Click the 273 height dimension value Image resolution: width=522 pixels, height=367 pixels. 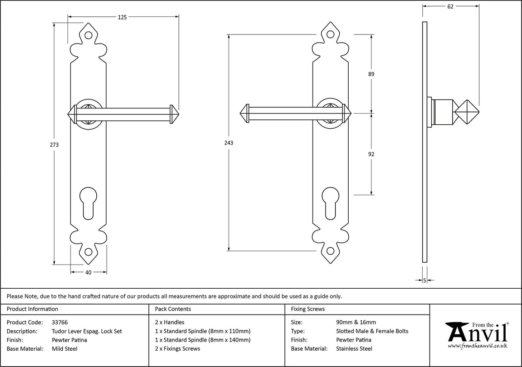click(54, 145)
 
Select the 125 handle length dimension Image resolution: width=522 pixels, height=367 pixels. click(122, 17)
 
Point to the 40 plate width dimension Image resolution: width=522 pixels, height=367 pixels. click(88, 272)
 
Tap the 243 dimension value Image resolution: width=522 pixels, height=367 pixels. click(229, 143)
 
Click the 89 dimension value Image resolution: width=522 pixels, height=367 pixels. click(371, 74)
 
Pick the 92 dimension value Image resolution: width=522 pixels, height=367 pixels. click(371, 154)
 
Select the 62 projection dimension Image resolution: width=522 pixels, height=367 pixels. click(450, 6)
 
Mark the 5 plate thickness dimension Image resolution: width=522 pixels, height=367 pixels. click(425, 281)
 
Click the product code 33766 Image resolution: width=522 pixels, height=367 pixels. click(59, 322)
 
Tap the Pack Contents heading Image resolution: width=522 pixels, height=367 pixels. click(173, 309)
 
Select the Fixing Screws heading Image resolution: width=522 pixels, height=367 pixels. click(308, 309)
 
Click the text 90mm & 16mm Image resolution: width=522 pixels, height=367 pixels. click(356, 322)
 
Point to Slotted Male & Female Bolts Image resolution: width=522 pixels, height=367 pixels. click(372, 331)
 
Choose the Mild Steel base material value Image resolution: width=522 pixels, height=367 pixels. click(64, 349)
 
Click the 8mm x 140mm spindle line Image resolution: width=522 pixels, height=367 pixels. click(203, 340)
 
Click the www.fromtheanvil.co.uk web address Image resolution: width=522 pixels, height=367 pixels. click(477, 346)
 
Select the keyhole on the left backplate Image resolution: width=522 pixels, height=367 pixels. click(89, 202)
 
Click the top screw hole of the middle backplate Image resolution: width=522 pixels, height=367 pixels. click(330, 36)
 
